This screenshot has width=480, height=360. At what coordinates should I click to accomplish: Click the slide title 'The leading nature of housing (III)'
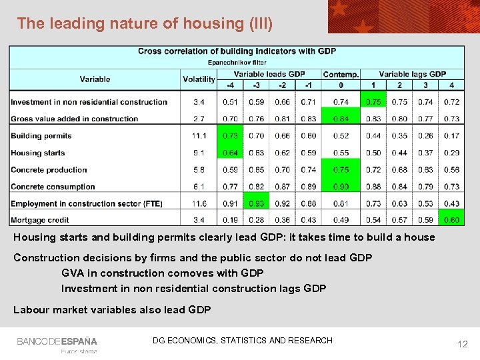click(145, 23)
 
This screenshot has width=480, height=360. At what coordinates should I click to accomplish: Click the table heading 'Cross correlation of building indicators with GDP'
click(237, 51)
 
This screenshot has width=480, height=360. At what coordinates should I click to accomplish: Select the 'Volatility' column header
click(199, 79)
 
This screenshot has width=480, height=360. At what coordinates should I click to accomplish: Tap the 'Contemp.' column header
click(341, 75)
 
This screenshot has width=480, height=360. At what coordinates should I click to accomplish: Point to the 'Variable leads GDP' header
click(269, 74)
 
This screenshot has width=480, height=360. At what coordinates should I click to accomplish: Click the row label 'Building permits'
click(41, 136)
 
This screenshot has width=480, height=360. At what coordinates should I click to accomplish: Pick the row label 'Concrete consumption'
click(53, 187)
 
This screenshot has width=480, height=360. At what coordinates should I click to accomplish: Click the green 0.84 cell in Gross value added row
click(341, 119)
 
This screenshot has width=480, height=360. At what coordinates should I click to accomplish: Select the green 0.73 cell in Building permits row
click(230, 136)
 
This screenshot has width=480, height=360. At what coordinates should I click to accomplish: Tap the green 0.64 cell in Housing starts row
click(230, 153)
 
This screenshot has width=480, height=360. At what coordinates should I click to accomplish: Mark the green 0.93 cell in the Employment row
click(256, 203)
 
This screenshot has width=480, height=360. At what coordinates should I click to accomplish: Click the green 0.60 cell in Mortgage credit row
click(451, 220)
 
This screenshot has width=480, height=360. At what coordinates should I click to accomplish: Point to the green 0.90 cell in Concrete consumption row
click(341, 187)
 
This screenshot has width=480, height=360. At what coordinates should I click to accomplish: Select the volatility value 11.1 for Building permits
click(199, 136)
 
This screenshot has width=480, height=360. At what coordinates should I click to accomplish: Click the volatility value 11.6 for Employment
click(199, 203)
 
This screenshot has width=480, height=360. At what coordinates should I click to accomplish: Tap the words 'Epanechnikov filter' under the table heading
click(237, 62)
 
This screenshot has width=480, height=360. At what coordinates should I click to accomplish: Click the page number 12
click(462, 344)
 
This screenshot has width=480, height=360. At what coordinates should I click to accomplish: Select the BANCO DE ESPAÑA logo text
click(57, 341)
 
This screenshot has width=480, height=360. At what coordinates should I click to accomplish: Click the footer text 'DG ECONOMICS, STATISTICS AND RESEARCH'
click(242, 341)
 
